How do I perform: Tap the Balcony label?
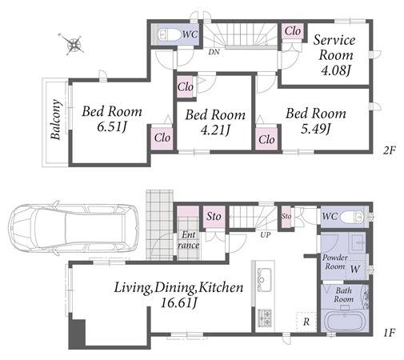56,119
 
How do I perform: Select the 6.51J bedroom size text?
111,127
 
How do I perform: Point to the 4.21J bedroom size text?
215,130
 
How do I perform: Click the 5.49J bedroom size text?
316,129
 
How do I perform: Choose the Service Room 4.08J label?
335,55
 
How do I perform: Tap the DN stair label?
214,52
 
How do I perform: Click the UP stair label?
266,234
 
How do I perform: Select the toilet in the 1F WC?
352,217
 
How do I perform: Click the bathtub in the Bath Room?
345,322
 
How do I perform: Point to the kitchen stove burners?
265,318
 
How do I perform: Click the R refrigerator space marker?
306,322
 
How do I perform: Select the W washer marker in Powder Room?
355,269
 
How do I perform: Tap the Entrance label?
188,240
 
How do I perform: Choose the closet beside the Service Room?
293,31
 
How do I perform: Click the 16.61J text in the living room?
179,303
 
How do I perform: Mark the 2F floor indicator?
389,150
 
